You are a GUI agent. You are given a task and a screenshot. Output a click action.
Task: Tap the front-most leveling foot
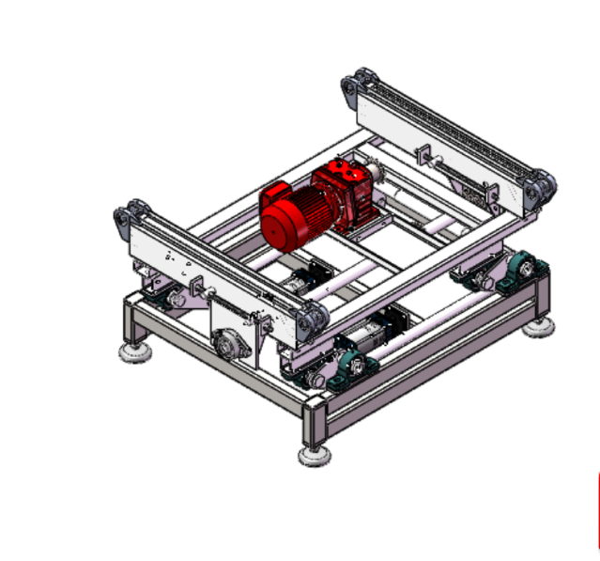click(x=314, y=456)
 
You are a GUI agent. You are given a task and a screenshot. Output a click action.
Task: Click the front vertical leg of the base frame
click(x=314, y=423)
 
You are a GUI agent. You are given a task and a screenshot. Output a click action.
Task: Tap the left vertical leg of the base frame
click(x=132, y=324)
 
